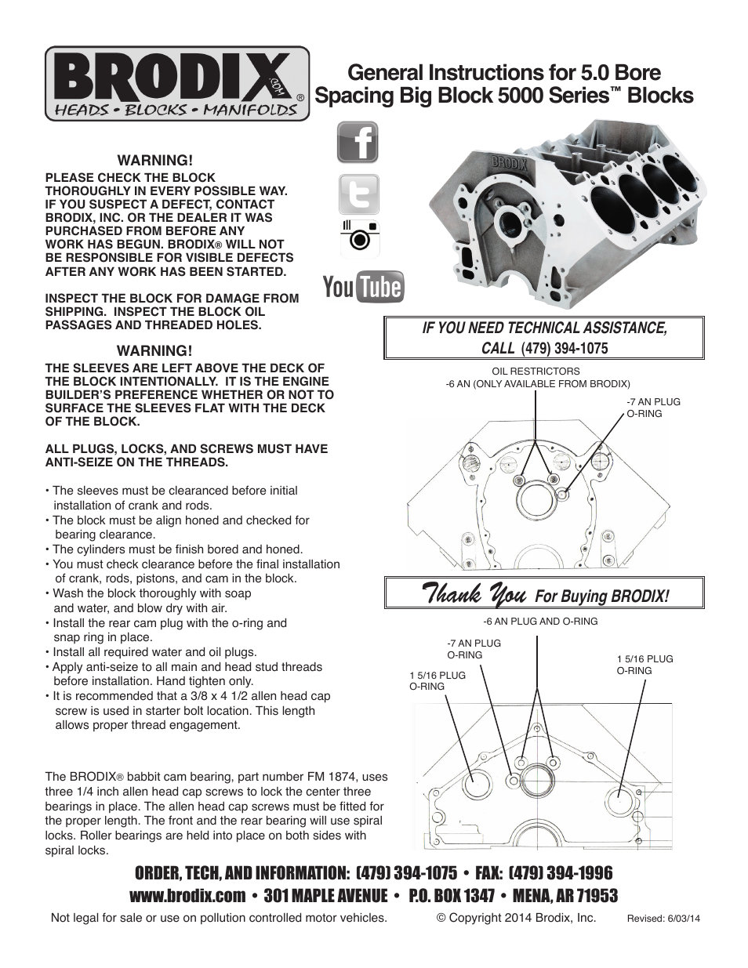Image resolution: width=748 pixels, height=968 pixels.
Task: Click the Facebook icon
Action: [x=358, y=143]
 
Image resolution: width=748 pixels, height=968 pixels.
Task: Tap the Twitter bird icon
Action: [x=358, y=194]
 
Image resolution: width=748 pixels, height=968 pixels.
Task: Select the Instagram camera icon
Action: [x=358, y=237]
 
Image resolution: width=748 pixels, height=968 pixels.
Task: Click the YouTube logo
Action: [x=364, y=288]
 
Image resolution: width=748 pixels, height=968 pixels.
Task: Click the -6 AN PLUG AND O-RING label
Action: [x=540, y=621]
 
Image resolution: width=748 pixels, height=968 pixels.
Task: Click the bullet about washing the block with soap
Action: [x=152, y=600]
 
